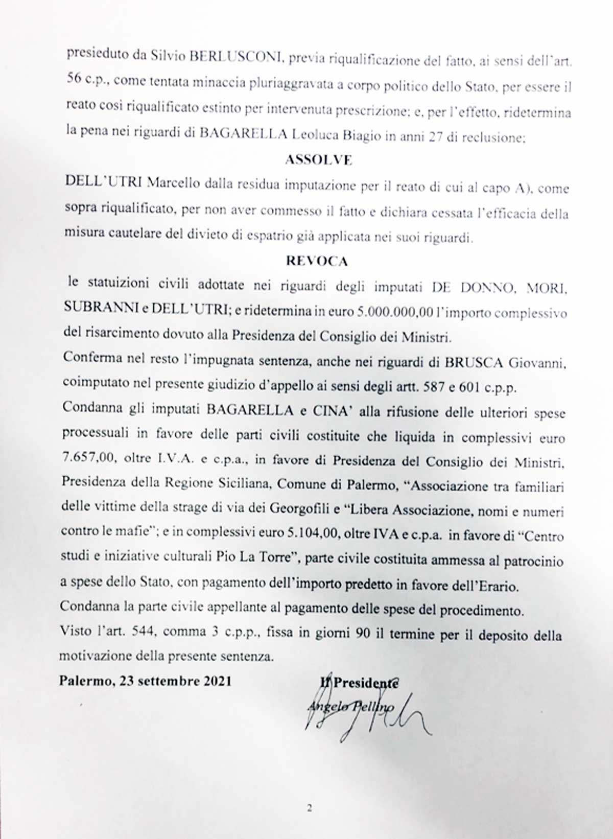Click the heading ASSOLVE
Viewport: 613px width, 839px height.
(318, 160)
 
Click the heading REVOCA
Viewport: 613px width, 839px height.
(317, 261)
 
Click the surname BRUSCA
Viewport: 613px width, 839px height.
(475, 362)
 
